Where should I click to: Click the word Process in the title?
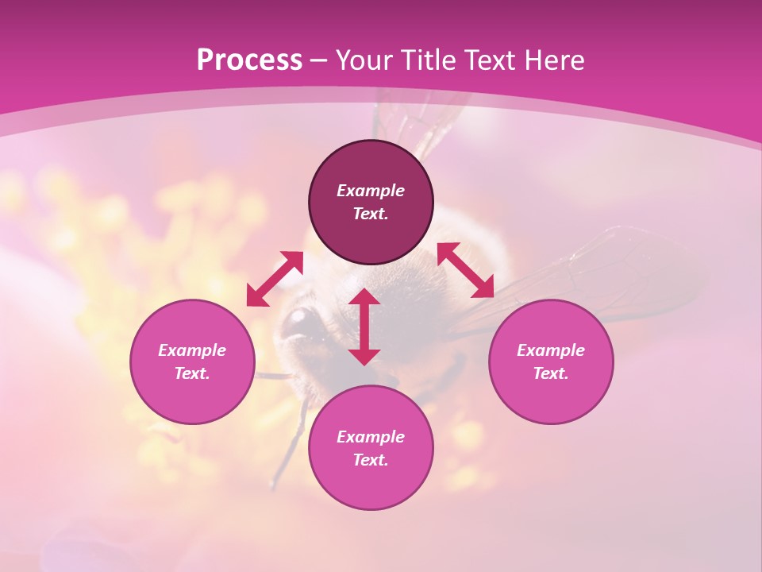pyautogui.click(x=249, y=60)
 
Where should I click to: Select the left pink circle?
pyautogui.click(x=192, y=397)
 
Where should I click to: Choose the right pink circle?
pyautogui.click(x=551, y=397)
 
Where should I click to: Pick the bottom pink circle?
pyautogui.click(x=371, y=485)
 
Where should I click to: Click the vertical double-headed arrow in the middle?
pyautogui.click(x=364, y=327)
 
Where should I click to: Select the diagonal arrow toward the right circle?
pyautogui.click(x=466, y=270)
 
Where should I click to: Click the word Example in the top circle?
pyautogui.click(x=371, y=191)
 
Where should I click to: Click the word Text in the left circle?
pyautogui.click(x=192, y=373)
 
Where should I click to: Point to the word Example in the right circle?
pyautogui.click(x=551, y=350)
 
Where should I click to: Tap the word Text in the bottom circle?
pyautogui.click(x=371, y=460)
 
